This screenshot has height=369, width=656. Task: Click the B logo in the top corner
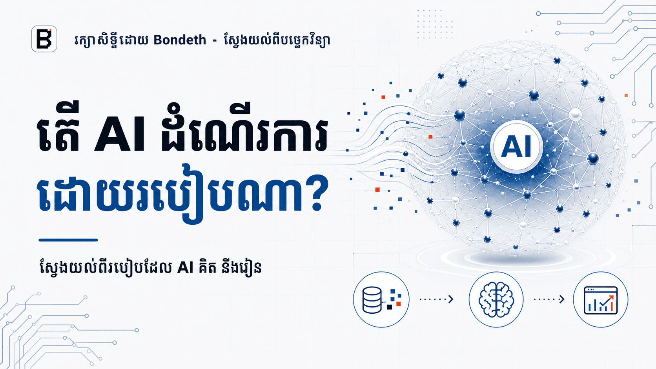(44, 39)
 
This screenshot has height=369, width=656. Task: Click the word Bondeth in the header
(180, 40)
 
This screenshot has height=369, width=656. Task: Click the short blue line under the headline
(68, 240)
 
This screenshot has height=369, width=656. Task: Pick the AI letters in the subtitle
(185, 267)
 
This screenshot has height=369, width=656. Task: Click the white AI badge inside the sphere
(516, 146)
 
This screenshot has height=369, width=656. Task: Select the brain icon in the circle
(496, 299)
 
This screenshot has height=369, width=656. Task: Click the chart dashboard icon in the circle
(601, 300)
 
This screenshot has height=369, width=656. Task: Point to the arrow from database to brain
(436, 299)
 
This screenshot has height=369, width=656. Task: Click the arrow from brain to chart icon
(549, 299)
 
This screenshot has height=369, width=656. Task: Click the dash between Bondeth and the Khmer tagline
(215, 40)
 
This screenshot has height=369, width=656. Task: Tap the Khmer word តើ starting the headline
(59, 127)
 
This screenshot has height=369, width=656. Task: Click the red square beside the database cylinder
(398, 304)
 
